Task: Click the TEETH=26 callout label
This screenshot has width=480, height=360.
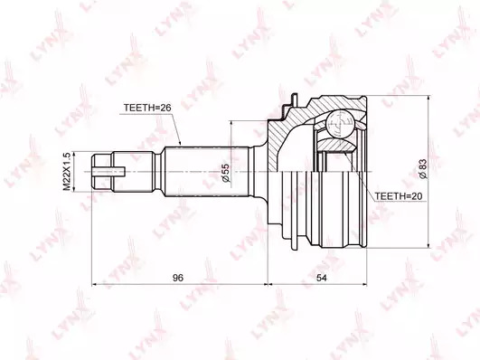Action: (147, 108)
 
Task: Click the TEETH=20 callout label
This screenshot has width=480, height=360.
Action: (399, 196)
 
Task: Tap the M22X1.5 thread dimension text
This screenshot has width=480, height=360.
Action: (67, 172)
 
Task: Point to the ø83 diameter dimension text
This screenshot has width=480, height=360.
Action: (423, 169)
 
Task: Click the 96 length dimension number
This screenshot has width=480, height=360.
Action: (178, 278)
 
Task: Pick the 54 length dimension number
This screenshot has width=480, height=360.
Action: (322, 278)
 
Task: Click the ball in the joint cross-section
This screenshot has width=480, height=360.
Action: (341, 124)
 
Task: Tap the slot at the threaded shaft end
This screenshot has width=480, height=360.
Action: (108, 172)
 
